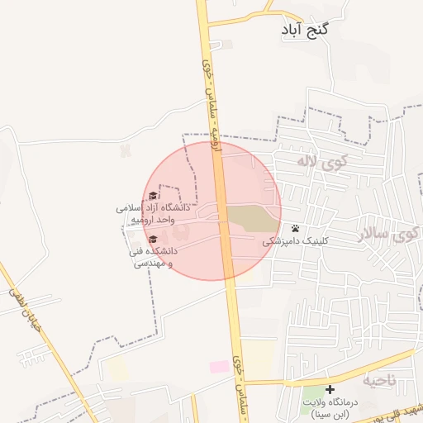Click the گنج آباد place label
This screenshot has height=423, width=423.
pyautogui.click(x=305, y=30)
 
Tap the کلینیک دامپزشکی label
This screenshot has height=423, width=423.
pyautogui.click(x=295, y=242)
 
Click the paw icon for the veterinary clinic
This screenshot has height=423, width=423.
pyautogui.click(x=295, y=228)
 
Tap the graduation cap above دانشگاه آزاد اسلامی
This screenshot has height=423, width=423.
pyautogui.click(x=153, y=197)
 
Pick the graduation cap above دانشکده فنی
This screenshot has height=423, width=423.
pyautogui.click(x=153, y=240)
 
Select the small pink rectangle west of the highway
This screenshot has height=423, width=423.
pyautogui.click(x=219, y=366)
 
